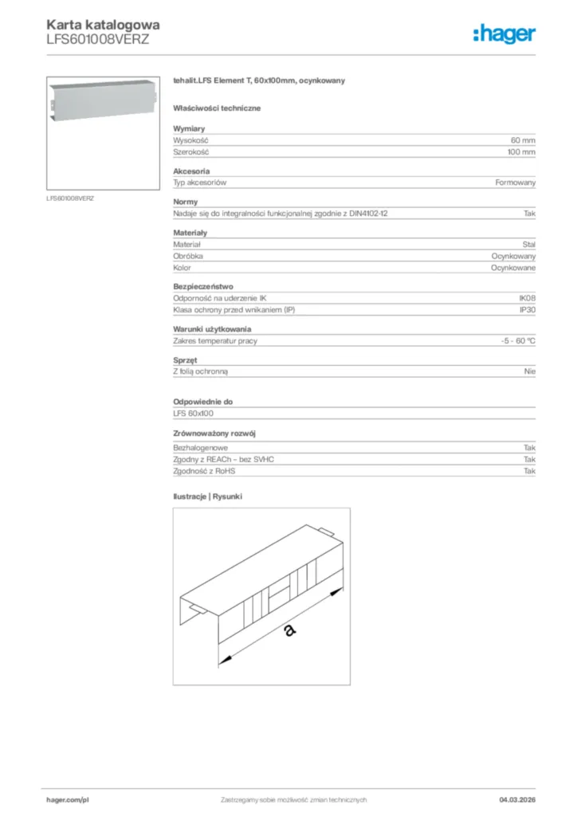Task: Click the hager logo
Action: coord(504,33)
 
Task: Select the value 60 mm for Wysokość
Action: coord(523,139)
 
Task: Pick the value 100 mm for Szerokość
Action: coord(521,151)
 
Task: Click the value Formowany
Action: coord(515,182)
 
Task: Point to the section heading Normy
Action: coord(185,202)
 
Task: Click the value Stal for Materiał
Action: coord(528,245)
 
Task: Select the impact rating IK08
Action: coord(527,297)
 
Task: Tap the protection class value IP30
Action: coord(527,309)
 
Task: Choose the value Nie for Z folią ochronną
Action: coord(530,371)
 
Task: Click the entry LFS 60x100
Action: coord(193,414)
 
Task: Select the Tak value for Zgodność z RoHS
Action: coord(529,471)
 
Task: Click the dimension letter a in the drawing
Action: coord(289,630)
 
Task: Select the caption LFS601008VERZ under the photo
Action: coord(70,198)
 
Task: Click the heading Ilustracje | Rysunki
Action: coord(207,496)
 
